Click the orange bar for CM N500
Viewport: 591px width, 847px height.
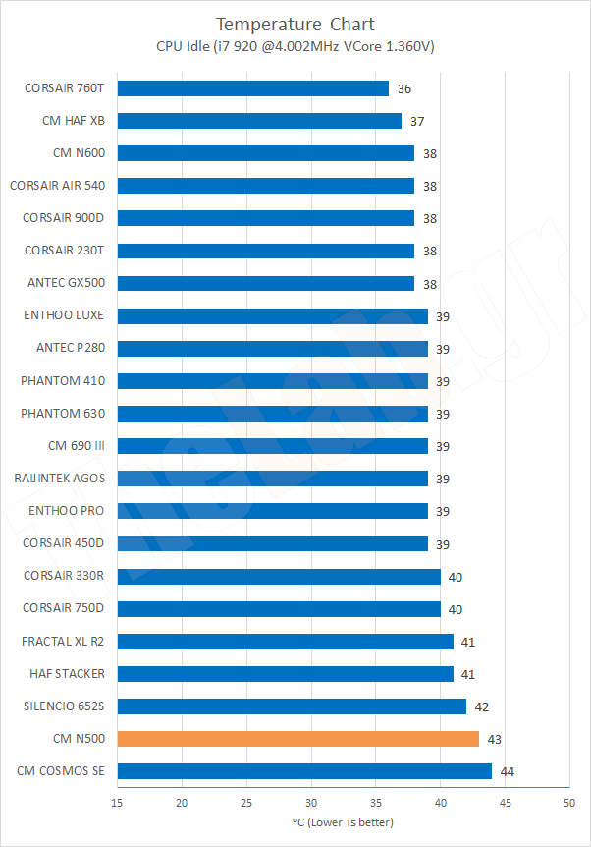(297, 739)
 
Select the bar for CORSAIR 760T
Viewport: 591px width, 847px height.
(252, 88)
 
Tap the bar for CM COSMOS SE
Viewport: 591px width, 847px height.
(304, 771)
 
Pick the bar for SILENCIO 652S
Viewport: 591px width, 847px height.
(292, 706)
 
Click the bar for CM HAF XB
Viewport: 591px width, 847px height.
(259, 121)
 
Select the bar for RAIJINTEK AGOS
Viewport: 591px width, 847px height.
(272, 479)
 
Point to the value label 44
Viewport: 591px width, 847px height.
(508, 771)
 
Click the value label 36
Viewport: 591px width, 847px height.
(404, 88)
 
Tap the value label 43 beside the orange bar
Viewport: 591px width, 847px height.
(495, 739)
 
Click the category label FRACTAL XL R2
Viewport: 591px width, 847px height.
(63, 642)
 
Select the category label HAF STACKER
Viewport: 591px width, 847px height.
(65, 674)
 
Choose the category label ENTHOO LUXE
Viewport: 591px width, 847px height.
(64, 315)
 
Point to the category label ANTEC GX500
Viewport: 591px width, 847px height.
(66, 283)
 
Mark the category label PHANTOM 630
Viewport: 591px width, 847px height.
(62, 414)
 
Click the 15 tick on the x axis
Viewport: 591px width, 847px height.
(118, 803)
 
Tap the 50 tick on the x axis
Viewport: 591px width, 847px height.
(568, 803)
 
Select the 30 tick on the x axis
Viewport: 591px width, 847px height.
(311, 803)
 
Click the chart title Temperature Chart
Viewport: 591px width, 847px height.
(295, 24)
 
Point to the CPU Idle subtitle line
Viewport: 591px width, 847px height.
(295, 46)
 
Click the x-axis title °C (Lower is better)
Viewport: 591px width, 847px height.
(343, 821)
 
